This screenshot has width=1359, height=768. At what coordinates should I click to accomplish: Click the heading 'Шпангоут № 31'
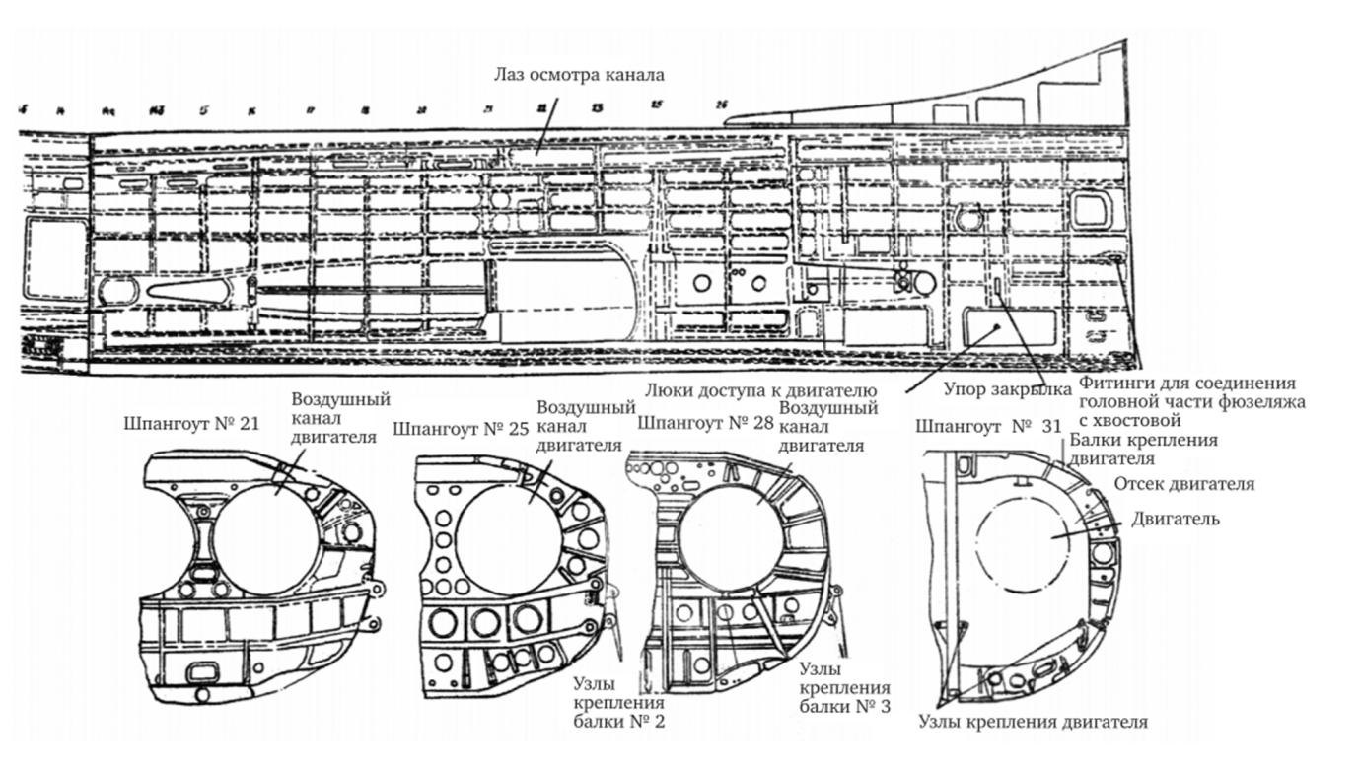[x=975, y=427]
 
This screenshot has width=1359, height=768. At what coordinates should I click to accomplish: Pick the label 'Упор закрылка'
[x=993, y=388]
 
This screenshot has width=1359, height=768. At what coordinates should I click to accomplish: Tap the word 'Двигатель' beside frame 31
[x=1176, y=519]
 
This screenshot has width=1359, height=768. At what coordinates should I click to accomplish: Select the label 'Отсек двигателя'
[x=1183, y=484]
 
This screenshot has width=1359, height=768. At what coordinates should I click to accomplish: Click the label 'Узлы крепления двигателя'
[x=1033, y=722]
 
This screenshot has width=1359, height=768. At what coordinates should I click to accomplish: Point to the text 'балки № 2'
[x=618, y=722]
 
